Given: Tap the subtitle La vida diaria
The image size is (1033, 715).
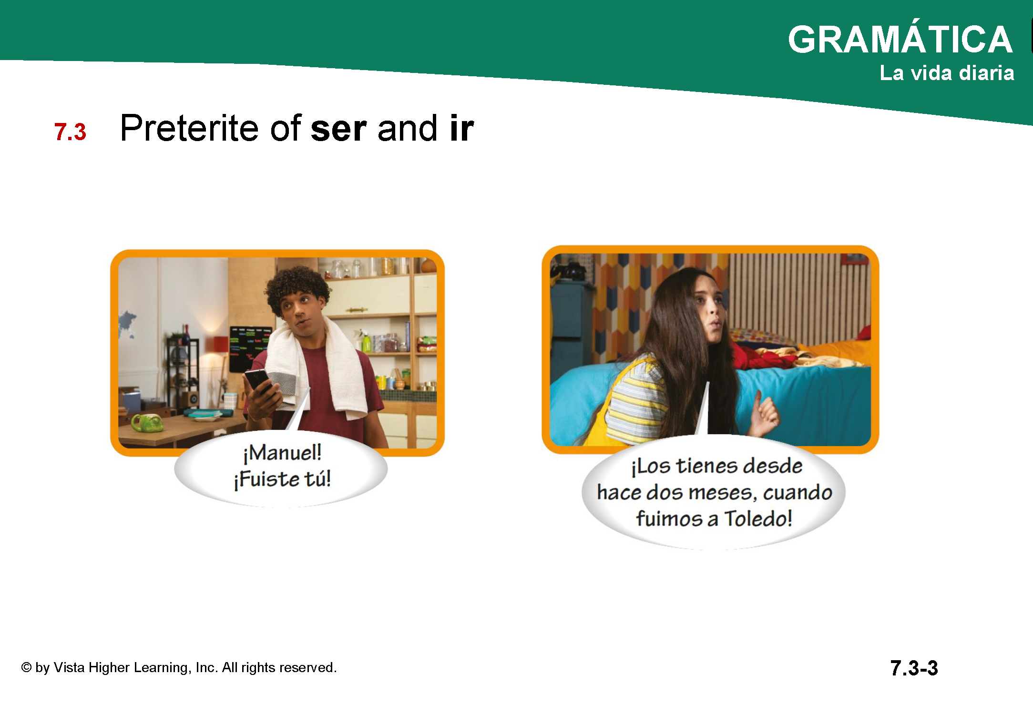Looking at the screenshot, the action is click(x=947, y=73).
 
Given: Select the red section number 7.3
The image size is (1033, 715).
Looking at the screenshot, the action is click(x=70, y=132).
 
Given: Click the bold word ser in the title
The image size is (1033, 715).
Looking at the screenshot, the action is click(x=338, y=128).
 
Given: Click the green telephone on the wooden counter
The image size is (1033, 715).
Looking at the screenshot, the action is click(x=148, y=422).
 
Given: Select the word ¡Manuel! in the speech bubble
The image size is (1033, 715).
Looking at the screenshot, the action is click(x=282, y=453).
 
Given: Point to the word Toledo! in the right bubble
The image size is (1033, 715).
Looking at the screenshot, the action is click(x=758, y=519).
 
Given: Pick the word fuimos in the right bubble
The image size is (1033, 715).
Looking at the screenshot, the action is click(x=669, y=519).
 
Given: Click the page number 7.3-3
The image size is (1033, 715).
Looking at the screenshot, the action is click(x=914, y=668).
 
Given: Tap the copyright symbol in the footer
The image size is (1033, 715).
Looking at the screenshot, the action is click(x=26, y=667).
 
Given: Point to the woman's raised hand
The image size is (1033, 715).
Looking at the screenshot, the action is click(x=765, y=412).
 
